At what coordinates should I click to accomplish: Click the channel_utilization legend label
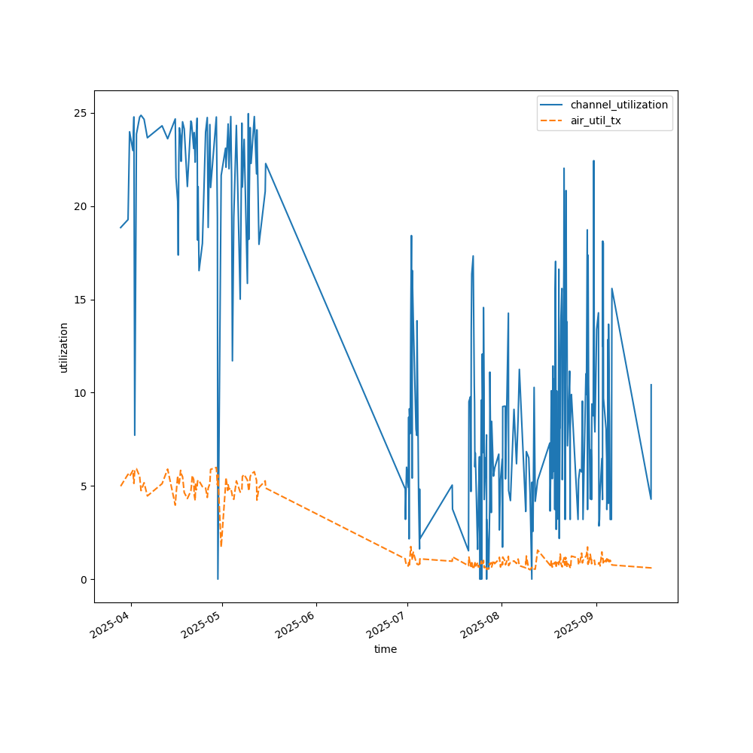click(x=619, y=105)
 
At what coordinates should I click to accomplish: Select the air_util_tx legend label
click(x=596, y=120)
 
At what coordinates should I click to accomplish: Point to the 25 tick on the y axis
click(x=84, y=113)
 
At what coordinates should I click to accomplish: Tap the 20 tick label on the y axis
click(x=84, y=206)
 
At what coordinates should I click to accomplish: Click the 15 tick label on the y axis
click(x=84, y=300)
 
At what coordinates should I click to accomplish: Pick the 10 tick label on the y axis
click(x=84, y=393)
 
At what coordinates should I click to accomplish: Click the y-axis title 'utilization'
click(x=64, y=347)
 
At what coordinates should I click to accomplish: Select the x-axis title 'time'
click(x=386, y=649)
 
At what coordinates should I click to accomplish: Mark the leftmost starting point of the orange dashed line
click(x=120, y=486)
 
